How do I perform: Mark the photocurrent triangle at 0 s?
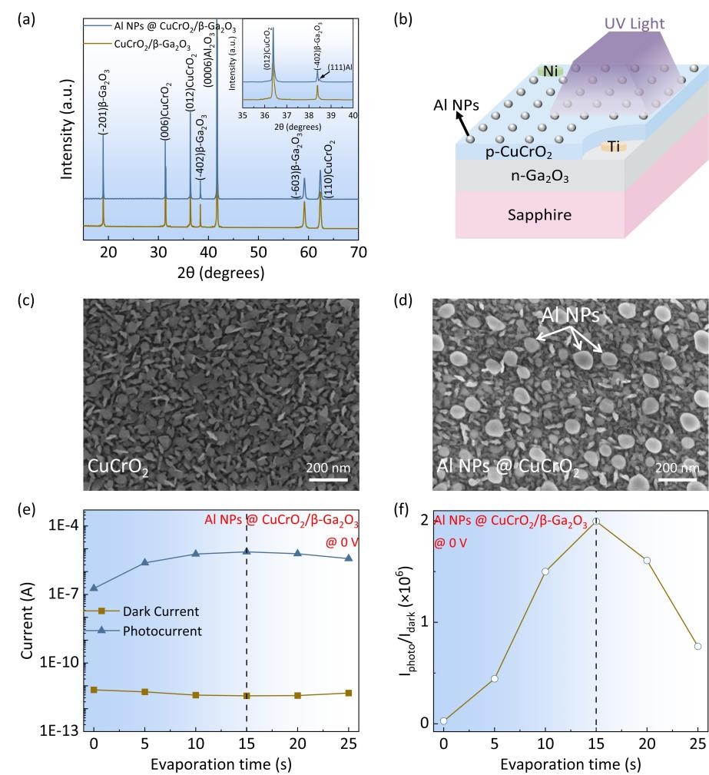[94, 588]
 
